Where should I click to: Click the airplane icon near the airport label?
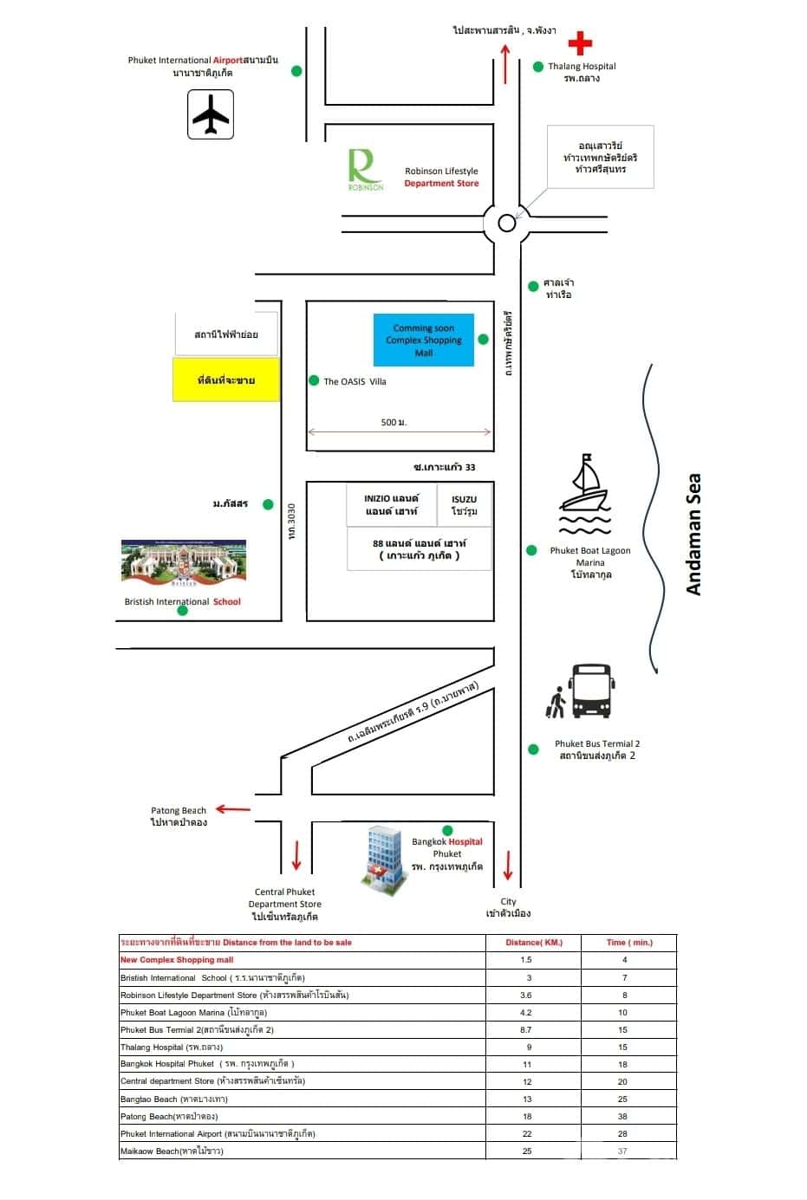210,114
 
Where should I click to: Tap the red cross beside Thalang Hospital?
580,42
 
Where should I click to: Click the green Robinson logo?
365,169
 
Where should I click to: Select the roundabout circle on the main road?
507,224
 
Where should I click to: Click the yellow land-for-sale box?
226,380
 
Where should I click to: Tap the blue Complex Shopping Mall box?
424,340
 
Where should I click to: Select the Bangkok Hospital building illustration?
385,857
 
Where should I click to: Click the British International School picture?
183,564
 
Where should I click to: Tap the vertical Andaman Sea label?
693,535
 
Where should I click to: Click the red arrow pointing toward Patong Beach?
232,809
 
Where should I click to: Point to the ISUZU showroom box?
464,505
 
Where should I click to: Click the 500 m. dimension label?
394,422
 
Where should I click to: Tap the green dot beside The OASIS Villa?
314,380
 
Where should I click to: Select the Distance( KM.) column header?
534,943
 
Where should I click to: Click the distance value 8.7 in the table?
526,1030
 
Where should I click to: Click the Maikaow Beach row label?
172,1151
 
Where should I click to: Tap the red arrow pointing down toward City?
508,864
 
